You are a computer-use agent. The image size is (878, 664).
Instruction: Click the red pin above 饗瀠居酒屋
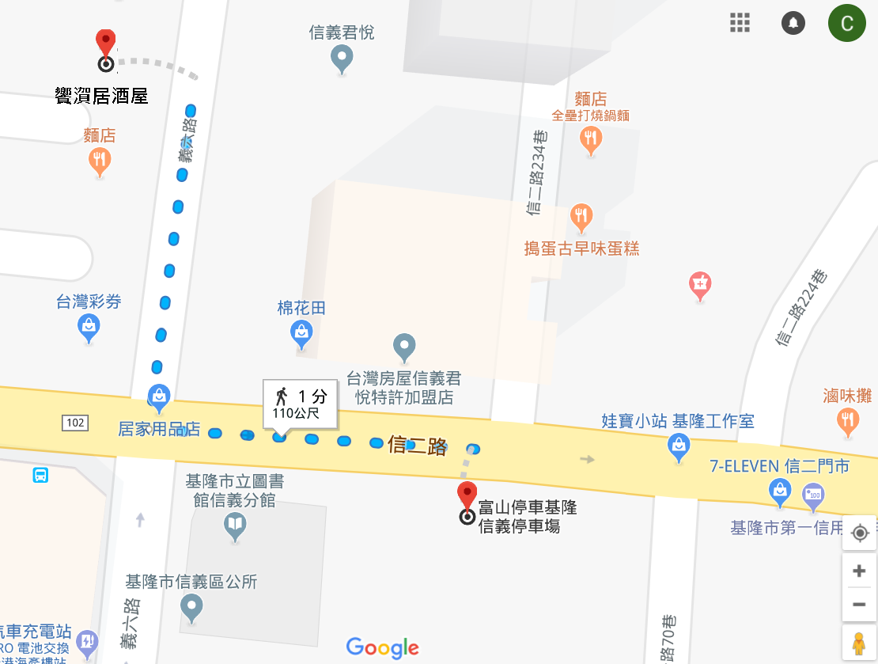point(105,43)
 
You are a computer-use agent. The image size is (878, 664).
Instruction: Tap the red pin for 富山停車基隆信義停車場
point(467,495)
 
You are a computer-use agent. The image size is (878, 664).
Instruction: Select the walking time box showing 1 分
point(300,403)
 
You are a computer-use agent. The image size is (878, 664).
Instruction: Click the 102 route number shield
point(75,423)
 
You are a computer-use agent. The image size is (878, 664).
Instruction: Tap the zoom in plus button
point(859,571)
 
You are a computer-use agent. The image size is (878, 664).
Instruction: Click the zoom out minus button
point(859,605)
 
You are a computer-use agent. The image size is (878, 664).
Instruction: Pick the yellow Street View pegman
point(859,643)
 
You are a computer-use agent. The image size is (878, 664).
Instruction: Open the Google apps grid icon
point(740,23)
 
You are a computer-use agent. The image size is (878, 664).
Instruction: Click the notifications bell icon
point(793,23)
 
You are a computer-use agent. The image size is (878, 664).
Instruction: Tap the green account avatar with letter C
point(846,23)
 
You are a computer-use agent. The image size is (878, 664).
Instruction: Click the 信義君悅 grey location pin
point(342,57)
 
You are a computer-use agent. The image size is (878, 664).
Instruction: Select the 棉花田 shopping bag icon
point(301,334)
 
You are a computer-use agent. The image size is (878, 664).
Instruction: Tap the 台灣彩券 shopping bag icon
point(89,326)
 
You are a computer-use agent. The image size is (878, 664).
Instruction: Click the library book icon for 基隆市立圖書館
point(235,524)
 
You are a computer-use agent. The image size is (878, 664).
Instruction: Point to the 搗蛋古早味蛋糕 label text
point(581,249)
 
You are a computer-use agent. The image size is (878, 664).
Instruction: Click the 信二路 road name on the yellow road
point(417,446)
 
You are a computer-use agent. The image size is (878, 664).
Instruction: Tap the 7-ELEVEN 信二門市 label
point(780,466)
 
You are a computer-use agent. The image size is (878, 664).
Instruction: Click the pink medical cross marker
point(700,283)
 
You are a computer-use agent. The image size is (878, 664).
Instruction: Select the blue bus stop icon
point(40,475)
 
